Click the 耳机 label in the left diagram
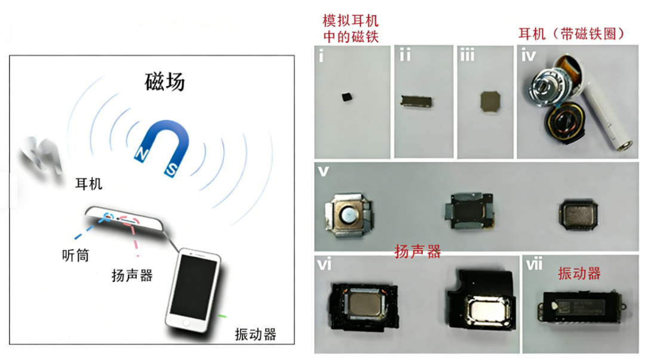88,183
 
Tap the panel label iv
528,56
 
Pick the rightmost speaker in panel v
579,213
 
